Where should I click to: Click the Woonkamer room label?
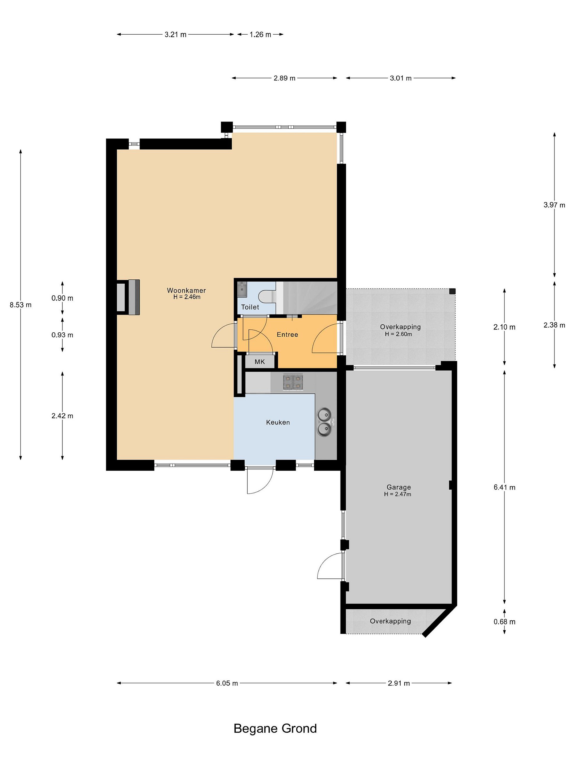[186, 290]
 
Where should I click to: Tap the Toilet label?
[250, 307]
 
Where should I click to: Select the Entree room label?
[287, 334]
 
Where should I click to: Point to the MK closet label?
[260, 362]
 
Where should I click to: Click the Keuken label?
[278, 422]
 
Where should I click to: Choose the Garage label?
[399, 487]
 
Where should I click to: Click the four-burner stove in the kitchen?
[293, 382]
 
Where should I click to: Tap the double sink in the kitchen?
[325, 421]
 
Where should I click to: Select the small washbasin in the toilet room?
[242, 289]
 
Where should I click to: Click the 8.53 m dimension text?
[20, 305]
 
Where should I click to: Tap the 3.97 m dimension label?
[554, 205]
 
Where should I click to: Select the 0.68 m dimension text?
[504, 622]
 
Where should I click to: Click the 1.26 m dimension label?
[260, 34]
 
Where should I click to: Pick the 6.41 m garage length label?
[504, 487]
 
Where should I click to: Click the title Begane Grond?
[275, 728]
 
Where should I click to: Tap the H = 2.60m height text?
[398, 334]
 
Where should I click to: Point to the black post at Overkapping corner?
[452, 291]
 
